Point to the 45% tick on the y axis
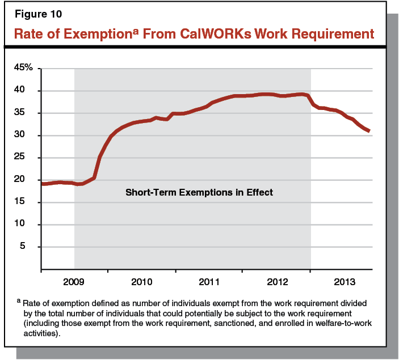coord(27,68)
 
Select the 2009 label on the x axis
coord(74,281)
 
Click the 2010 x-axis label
coord(142,281)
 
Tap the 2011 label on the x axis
coord(209,281)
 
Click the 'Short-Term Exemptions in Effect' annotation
coord(199,193)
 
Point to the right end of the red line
coord(369,131)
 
